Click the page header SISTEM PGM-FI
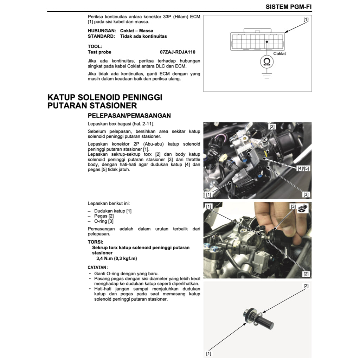click(x=288, y=7)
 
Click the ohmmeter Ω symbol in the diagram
click(x=267, y=62)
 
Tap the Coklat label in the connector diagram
click(x=279, y=53)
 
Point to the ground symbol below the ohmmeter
click(x=267, y=75)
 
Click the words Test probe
click(x=99, y=52)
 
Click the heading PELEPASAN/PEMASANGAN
click(x=129, y=115)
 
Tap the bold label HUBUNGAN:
click(x=102, y=31)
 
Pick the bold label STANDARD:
click(x=101, y=36)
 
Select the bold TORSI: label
click(x=95, y=242)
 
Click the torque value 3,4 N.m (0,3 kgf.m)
click(x=117, y=258)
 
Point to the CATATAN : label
click(x=98, y=267)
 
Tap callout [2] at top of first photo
click(x=272, y=126)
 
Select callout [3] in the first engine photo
click(x=306, y=194)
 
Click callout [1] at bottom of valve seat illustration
click(x=208, y=353)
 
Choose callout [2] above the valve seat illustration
click(x=306, y=286)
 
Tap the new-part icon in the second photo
click(x=303, y=208)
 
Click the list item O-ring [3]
click(x=104, y=221)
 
